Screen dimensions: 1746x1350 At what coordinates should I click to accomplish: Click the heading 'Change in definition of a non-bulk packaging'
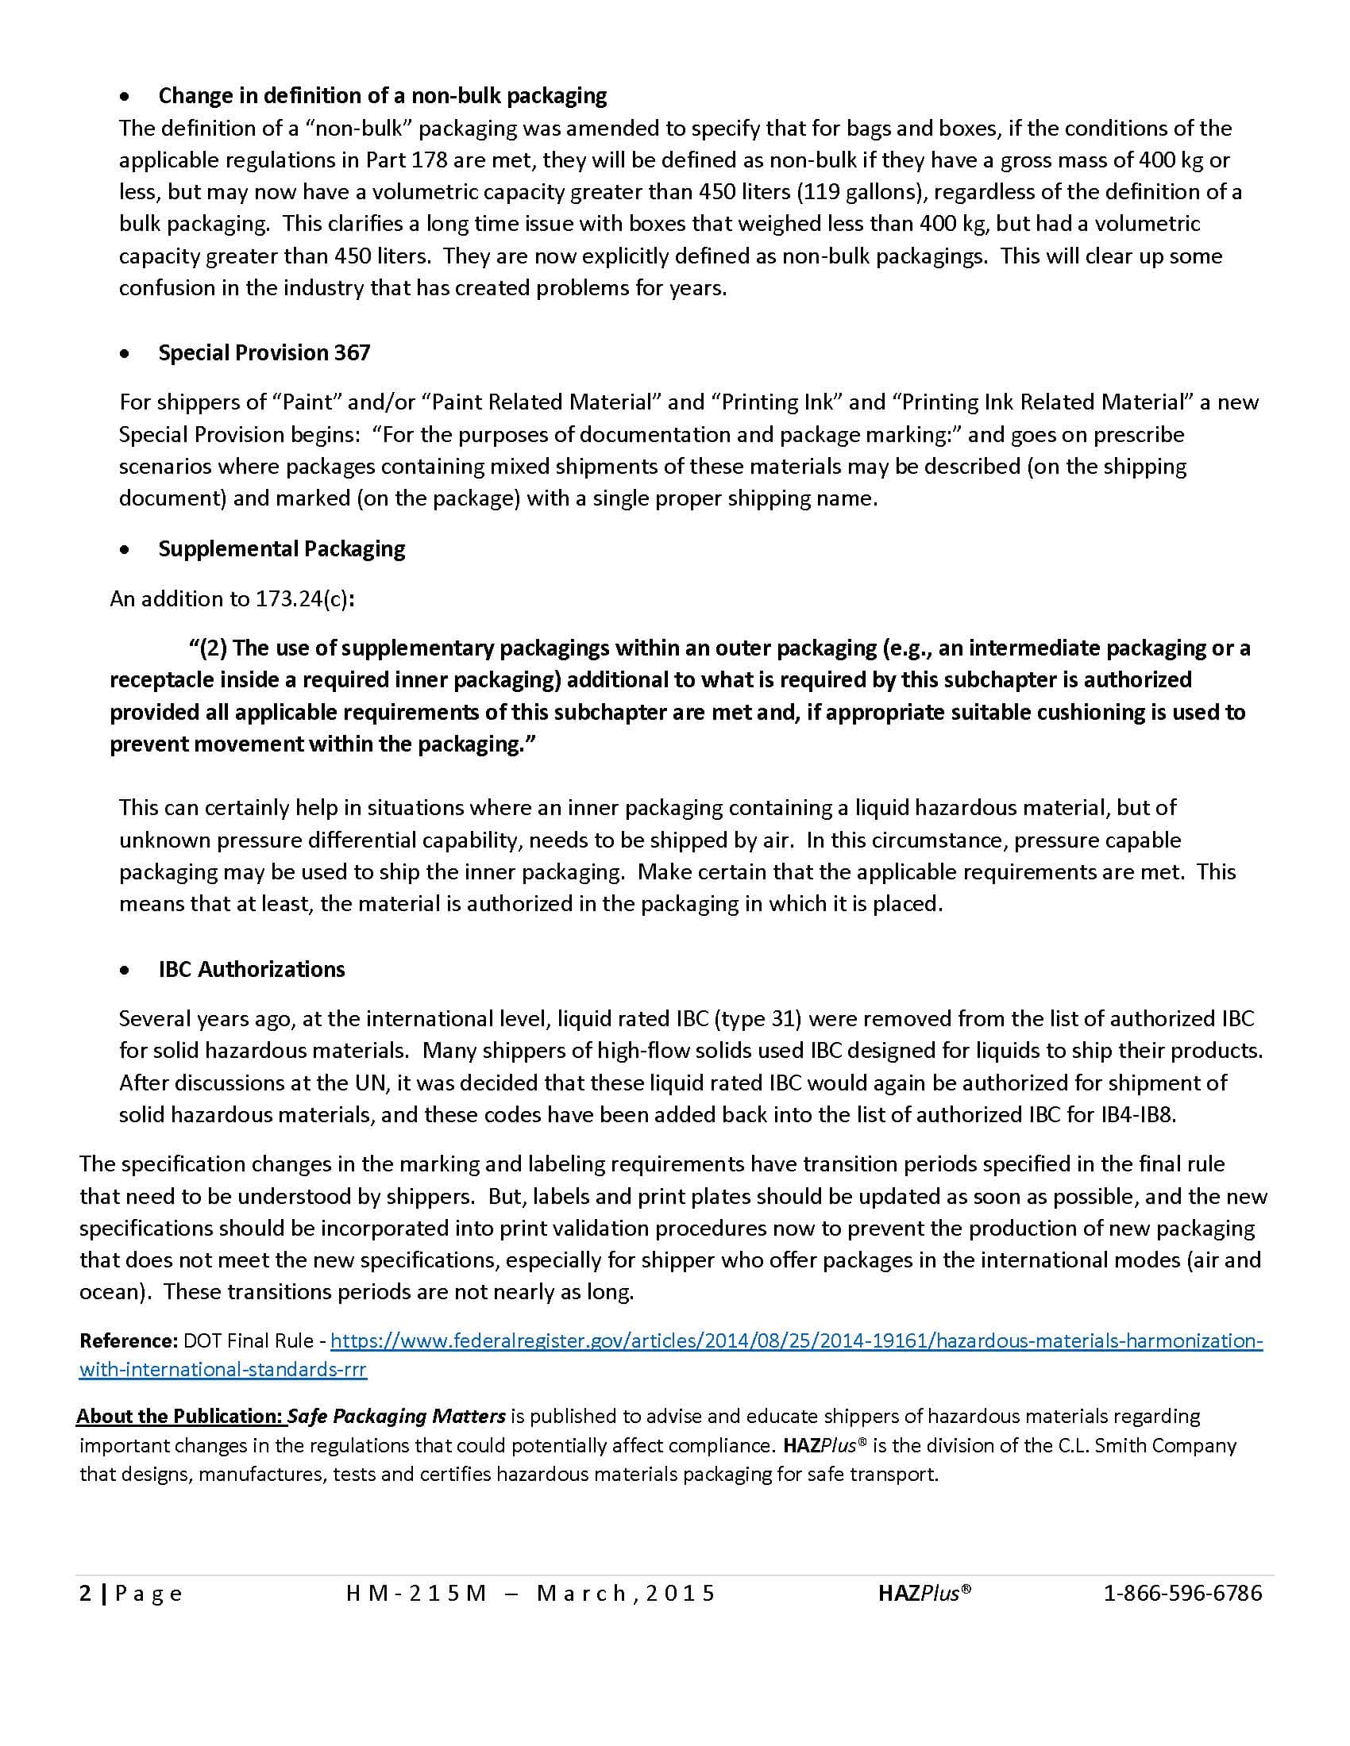pos(382,96)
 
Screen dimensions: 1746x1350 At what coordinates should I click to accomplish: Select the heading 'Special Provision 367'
pos(264,352)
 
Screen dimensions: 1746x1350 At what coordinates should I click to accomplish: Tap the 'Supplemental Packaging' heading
pos(282,548)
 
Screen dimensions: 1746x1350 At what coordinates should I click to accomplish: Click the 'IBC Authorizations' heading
pos(251,969)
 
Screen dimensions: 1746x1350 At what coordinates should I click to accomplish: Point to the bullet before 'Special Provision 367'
pos(124,354)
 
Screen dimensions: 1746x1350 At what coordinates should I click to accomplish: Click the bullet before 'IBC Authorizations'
pos(124,971)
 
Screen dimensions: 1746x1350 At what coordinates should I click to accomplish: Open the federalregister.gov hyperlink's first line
pos(796,1340)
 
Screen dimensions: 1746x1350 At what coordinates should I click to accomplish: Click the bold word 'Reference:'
pos(128,1340)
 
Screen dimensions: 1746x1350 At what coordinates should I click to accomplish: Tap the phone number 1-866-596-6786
pos(1182,1594)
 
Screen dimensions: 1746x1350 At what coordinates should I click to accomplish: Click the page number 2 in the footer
pos(85,1594)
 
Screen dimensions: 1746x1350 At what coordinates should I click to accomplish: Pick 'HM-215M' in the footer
pos(416,1594)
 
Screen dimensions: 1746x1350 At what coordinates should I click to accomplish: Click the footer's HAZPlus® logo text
pos(924,1594)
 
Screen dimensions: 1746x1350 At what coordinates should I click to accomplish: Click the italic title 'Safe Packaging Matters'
pos(397,1416)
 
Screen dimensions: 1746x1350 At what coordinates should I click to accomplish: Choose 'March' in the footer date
pos(583,1594)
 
